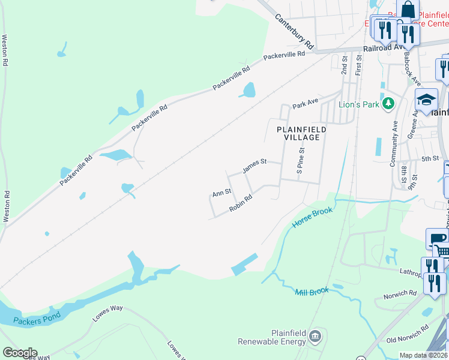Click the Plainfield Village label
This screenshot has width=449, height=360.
[301, 133]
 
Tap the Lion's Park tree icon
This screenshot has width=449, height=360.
[388, 104]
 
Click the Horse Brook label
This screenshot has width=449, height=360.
[312, 216]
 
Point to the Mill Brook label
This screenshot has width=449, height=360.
[312, 292]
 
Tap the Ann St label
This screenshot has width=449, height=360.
[221, 193]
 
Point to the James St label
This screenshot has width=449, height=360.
[254, 166]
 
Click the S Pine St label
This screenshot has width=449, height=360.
[301, 162]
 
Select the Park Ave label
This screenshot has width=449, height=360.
[305, 104]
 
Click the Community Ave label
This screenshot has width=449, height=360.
[394, 143]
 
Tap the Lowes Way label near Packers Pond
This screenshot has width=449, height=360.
[108, 313]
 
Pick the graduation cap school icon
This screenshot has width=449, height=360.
[427, 100]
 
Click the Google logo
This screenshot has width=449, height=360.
[20, 353]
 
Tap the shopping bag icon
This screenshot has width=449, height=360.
[408, 10]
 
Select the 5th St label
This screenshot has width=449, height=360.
[430, 158]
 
